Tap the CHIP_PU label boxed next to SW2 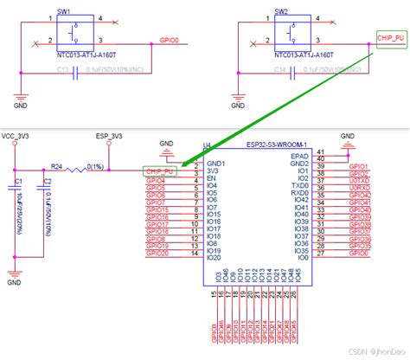[390, 38]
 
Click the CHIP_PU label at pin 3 [162, 171]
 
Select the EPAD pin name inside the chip [298, 155]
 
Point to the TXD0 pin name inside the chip [299, 187]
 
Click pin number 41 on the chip [322, 153]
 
